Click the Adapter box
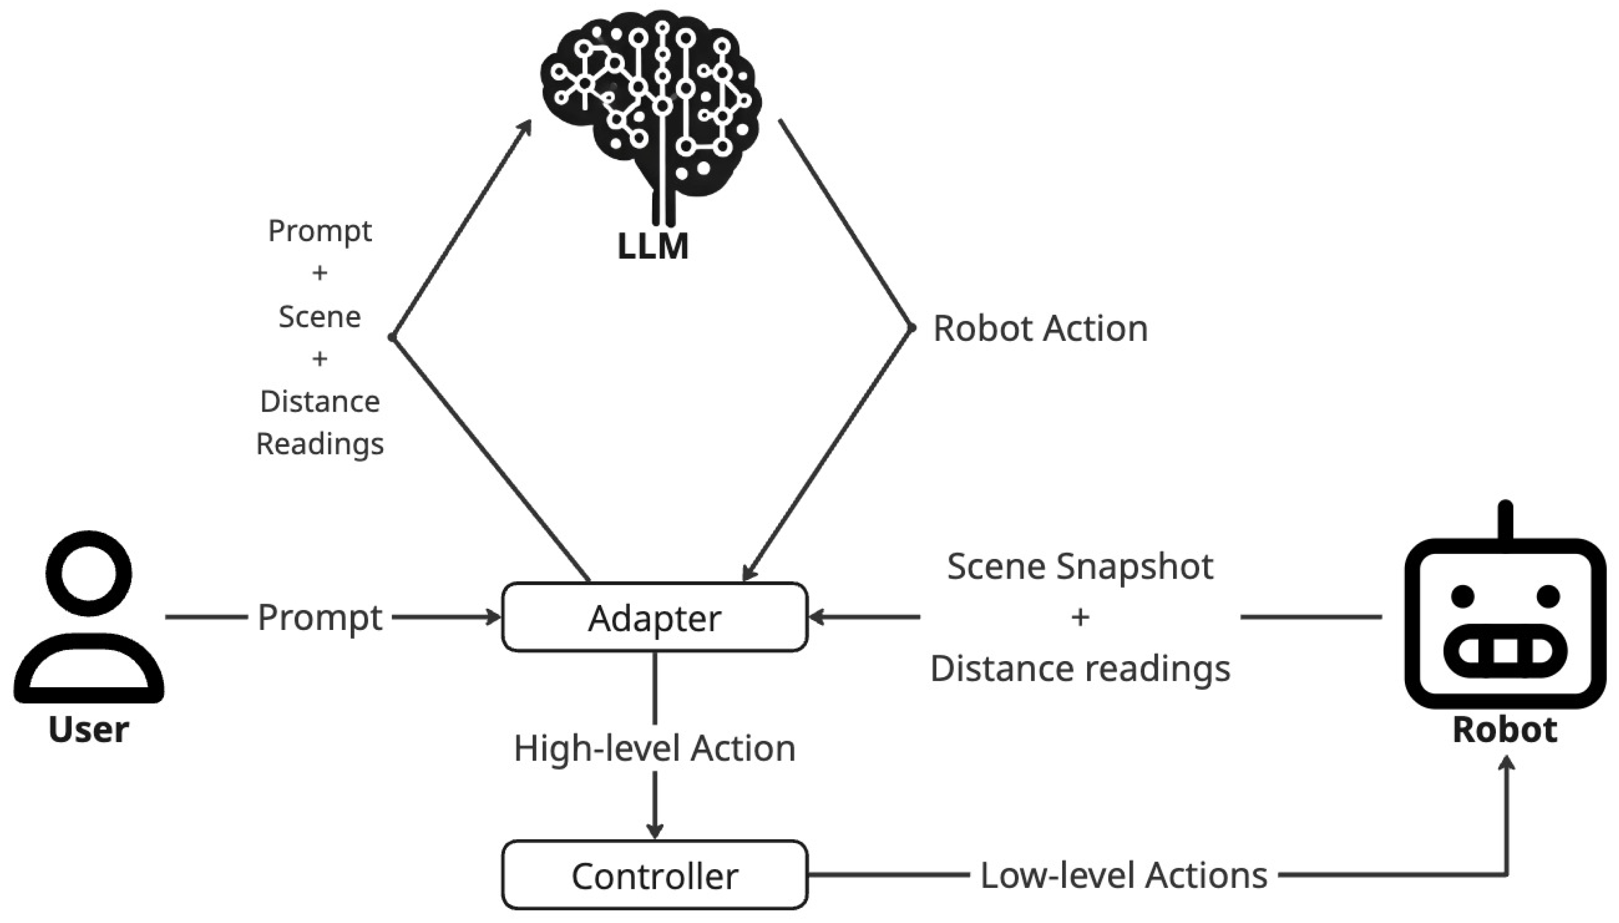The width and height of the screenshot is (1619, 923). (654, 617)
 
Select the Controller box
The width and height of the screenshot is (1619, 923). (654, 875)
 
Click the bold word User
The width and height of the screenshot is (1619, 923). (88, 729)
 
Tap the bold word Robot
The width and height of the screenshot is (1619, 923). (1505, 729)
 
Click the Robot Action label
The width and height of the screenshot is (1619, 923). (1040, 328)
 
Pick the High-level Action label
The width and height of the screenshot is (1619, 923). (654, 749)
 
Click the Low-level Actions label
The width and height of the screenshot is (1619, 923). (1123, 875)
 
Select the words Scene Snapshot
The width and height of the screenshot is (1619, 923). (1080, 566)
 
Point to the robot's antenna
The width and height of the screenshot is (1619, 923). (1505, 521)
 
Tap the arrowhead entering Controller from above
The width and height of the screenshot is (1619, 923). (654, 830)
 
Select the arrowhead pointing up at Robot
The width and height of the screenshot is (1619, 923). (1507, 765)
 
